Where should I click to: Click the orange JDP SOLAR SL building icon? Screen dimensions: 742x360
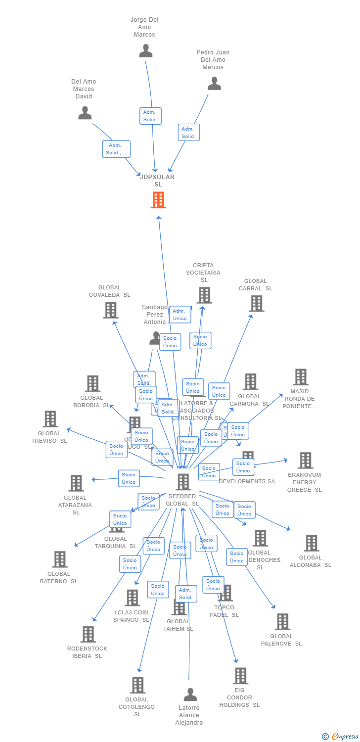pyautogui.click(x=158, y=200)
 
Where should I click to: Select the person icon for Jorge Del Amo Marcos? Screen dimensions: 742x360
pyautogui.click(x=146, y=50)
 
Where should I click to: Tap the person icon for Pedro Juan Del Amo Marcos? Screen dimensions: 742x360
pyautogui.click(x=214, y=83)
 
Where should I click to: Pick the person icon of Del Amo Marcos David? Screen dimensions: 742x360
pyautogui.click(x=85, y=113)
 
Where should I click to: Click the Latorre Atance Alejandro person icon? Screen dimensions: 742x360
pyautogui.click(x=190, y=695)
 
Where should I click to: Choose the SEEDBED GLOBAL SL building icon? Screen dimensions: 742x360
pyautogui.click(x=183, y=481)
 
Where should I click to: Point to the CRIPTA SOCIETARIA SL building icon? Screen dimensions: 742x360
pyautogui.click(x=204, y=295)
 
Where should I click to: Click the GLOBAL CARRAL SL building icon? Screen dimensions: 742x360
pyautogui.click(x=256, y=303)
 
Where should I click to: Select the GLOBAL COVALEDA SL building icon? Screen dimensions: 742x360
pyautogui.click(x=110, y=310)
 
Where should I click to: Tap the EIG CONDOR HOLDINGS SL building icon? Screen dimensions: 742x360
pyautogui.click(x=240, y=675)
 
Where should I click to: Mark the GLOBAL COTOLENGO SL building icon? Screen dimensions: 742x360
pyautogui.click(x=137, y=685)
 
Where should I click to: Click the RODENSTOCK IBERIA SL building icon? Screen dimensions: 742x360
pyautogui.click(x=88, y=634)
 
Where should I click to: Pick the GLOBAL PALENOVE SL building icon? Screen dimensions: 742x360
pyautogui.click(x=282, y=621)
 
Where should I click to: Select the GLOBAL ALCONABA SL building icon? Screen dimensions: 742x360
pyautogui.click(x=311, y=543)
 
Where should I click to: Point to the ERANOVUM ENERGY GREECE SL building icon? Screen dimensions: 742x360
pyautogui.click(x=305, y=460)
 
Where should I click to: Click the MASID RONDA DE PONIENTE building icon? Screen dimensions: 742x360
pyautogui.click(x=301, y=376)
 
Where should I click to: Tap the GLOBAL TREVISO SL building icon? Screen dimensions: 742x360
pyautogui.click(x=50, y=418)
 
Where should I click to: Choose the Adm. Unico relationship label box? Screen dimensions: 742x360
pyautogui.click(x=180, y=315)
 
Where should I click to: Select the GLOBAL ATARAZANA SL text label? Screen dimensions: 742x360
pyautogui.click(x=75, y=505)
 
